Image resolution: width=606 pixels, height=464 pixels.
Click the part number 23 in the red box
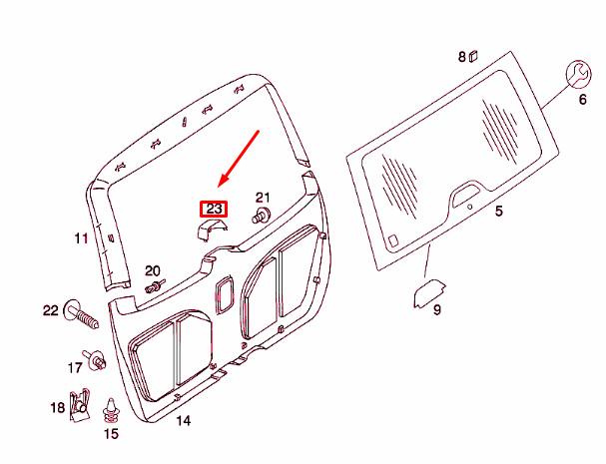point(214,209)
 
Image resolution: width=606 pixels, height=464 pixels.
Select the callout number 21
point(263,197)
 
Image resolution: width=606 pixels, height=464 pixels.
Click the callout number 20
point(153,270)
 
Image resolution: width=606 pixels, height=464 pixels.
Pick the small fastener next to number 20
point(155,287)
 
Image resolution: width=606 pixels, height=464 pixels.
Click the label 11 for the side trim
point(81,238)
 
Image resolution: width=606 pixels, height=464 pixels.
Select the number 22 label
point(51,311)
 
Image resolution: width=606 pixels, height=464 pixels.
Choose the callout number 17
point(75,367)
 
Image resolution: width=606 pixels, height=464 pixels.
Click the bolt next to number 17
point(96,361)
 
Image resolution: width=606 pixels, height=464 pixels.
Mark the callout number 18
point(57,406)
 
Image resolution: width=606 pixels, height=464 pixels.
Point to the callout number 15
point(111,434)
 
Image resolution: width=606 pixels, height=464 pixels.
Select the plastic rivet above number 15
point(110,409)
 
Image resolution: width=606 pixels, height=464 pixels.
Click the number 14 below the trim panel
point(183,421)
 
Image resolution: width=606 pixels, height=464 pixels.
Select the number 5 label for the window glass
point(499,211)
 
